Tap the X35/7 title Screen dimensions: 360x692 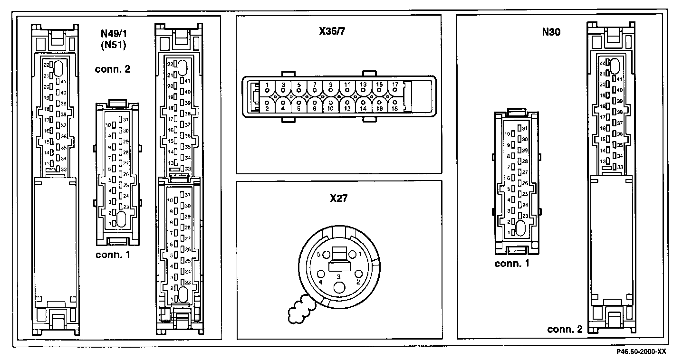point(332,34)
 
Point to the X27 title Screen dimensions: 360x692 point(339,198)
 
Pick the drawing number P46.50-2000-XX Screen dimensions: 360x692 point(641,352)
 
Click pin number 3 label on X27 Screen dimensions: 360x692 point(339,276)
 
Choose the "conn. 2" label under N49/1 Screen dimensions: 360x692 point(112,69)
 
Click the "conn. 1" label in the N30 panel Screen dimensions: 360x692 point(511,264)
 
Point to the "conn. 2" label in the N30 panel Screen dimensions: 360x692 point(565,329)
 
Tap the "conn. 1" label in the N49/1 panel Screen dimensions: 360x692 point(113,255)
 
